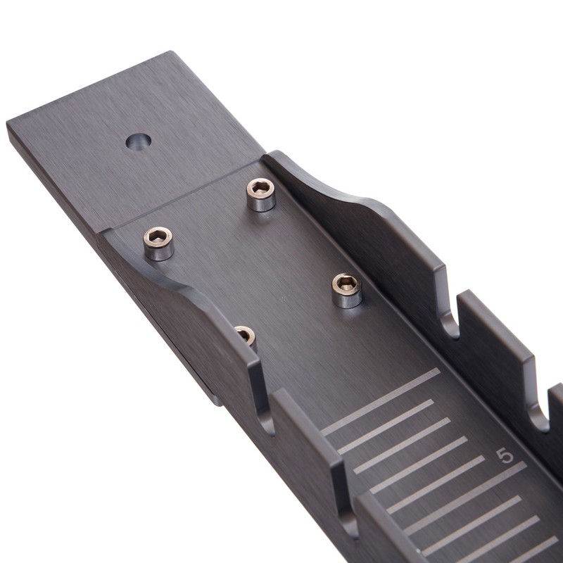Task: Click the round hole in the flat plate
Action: (138, 141)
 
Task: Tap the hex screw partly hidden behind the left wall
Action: (246, 336)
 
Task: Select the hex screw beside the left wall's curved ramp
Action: (158, 243)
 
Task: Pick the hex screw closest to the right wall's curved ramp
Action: (261, 194)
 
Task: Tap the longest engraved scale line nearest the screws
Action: (381, 401)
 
